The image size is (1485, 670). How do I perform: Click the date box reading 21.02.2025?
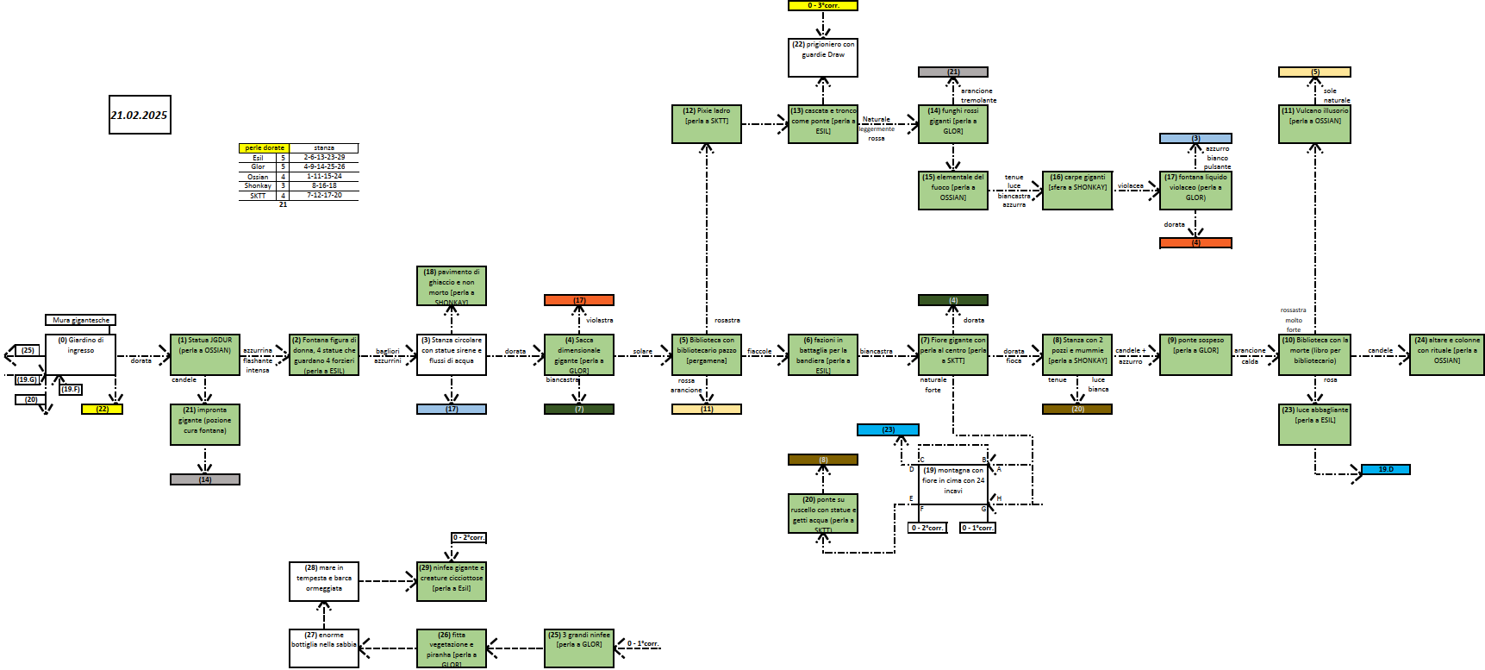tap(140, 115)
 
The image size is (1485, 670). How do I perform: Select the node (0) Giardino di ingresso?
tap(80, 354)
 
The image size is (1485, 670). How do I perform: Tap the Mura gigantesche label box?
tap(80, 320)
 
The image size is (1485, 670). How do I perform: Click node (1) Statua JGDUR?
tap(205, 354)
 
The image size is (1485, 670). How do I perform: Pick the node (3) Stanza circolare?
tap(451, 354)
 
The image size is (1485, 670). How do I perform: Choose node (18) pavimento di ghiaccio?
tap(451, 285)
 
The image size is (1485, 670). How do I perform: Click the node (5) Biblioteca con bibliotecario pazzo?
tap(706, 354)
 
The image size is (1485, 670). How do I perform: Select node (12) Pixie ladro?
tap(706, 124)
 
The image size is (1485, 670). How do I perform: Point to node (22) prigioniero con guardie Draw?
tap(823, 57)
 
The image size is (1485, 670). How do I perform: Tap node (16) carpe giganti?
tap(1077, 190)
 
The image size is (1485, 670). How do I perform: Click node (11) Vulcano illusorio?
tap(1314, 124)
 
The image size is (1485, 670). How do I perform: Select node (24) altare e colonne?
tap(1446, 354)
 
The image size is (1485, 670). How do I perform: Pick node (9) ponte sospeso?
tap(1195, 354)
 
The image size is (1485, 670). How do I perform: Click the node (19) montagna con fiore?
tap(952, 485)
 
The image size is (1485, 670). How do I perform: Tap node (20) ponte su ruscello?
tap(823, 513)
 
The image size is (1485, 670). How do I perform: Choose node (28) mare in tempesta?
tap(324, 580)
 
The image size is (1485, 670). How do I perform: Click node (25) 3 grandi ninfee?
tap(579, 648)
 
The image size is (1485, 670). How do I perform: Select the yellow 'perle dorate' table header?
tap(264, 148)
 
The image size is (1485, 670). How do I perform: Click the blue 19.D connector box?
tap(1385, 469)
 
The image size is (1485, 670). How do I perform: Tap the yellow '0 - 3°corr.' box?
tap(823, 5)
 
